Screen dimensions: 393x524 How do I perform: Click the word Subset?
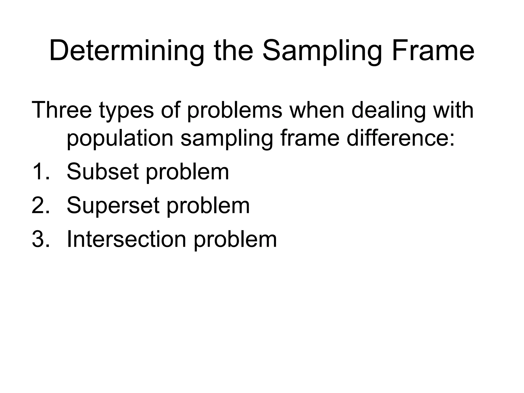click(103, 172)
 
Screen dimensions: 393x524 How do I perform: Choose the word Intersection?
click(126, 239)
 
